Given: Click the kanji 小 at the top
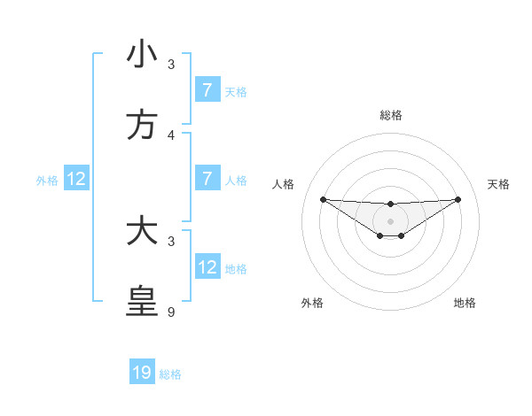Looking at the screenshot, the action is click(142, 55).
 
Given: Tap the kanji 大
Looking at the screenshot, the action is click(142, 232).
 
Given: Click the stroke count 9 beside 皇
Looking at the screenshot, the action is click(171, 312).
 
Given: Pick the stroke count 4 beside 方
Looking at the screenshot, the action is click(171, 135).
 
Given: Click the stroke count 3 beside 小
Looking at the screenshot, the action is click(171, 65).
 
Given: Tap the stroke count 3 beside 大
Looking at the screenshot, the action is click(171, 241).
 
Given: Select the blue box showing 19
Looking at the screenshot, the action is click(142, 373).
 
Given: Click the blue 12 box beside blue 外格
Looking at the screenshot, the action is click(76, 180).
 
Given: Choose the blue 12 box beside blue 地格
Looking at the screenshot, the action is click(207, 267).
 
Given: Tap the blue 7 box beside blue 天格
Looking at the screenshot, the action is click(207, 90).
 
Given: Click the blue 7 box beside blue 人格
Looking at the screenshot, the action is click(207, 179).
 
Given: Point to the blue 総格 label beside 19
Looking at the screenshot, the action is click(171, 374).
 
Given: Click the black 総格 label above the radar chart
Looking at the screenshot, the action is click(390, 115).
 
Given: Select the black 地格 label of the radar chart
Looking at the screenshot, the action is click(465, 303).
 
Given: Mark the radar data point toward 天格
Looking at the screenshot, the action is click(458, 199).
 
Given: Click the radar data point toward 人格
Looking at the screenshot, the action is click(323, 199).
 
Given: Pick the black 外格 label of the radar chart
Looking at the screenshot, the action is click(312, 303).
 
